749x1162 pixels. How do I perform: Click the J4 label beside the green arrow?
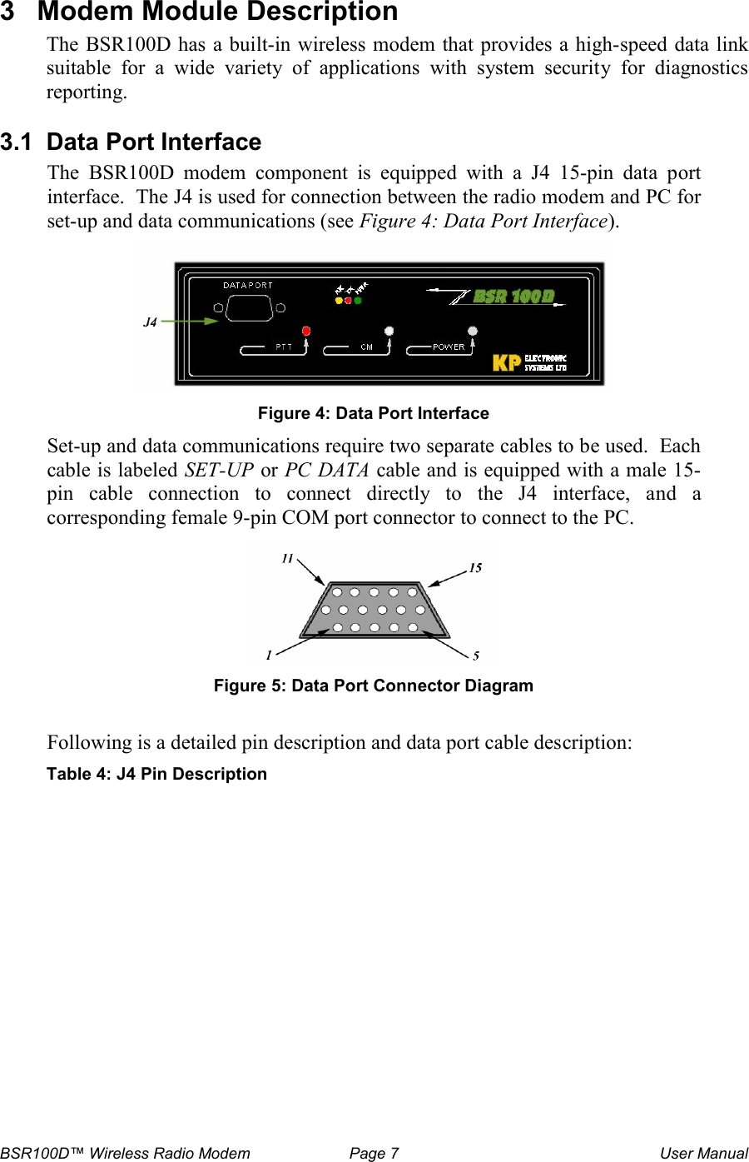click(x=150, y=322)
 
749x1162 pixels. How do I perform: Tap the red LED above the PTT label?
click(x=306, y=331)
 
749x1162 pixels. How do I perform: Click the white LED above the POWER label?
click(x=473, y=331)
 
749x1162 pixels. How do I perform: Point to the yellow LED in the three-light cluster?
click(x=339, y=301)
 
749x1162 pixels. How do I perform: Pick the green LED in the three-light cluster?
click(x=359, y=301)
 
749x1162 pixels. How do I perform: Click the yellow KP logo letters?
click(x=507, y=362)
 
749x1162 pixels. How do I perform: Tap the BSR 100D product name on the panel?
click(x=513, y=297)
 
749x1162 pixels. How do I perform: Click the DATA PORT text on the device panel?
click(x=247, y=285)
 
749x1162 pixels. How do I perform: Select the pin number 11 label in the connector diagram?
click(x=287, y=558)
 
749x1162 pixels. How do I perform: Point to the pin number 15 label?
click(x=475, y=568)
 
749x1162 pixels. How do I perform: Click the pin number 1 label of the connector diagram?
click(x=269, y=656)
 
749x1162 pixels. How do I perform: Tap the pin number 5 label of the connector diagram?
click(x=476, y=656)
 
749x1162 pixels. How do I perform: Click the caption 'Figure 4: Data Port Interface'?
click(x=373, y=413)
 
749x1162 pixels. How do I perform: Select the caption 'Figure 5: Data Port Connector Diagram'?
click(x=373, y=686)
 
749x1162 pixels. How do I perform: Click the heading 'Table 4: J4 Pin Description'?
click(x=156, y=774)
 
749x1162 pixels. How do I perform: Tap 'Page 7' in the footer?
click(x=374, y=1153)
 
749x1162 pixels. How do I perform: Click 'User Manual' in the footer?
click(x=703, y=1153)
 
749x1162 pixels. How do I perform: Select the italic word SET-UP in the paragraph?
click(x=219, y=470)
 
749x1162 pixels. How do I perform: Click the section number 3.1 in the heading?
click(x=17, y=142)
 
